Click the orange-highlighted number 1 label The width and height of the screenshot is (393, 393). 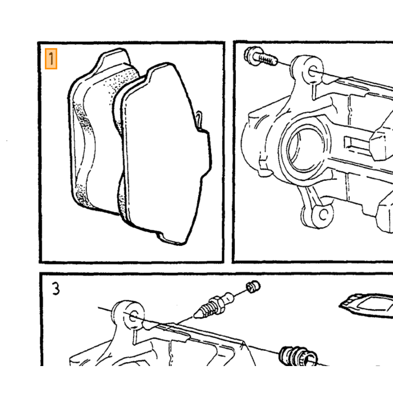(51, 58)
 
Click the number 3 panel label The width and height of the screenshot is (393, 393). (56, 289)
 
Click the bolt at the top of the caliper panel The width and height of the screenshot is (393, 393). (261, 57)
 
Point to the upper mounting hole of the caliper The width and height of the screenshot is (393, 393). (312, 72)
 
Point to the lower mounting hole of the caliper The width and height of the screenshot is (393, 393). (323, 214)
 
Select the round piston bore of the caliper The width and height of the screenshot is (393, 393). (304, 150)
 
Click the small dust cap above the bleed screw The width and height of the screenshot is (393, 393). (253, 286)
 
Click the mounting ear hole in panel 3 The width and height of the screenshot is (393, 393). (134, 316)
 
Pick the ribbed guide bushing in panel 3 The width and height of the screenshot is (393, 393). (298, 356)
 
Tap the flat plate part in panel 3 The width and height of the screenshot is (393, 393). (367, 305)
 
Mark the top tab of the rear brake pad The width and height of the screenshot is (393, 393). (113, 58)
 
